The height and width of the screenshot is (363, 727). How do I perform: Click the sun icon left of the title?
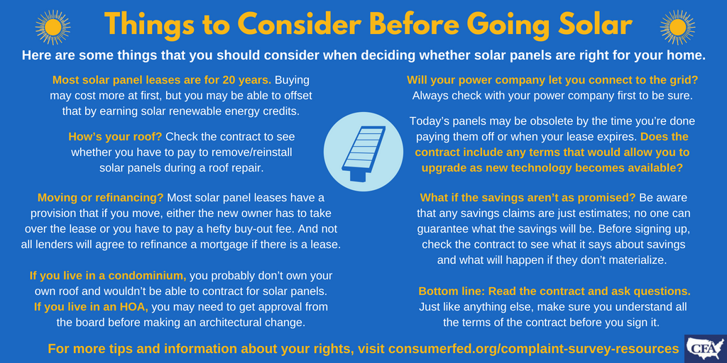[x=53, y=27]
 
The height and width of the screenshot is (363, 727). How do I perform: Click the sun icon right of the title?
[x=677, y=27]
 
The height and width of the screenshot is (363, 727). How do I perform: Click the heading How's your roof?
[x=115, y=137]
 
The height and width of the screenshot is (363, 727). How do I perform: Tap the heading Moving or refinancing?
[x=101, y=199]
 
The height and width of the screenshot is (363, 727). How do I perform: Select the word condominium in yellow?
[x=145, y=276]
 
